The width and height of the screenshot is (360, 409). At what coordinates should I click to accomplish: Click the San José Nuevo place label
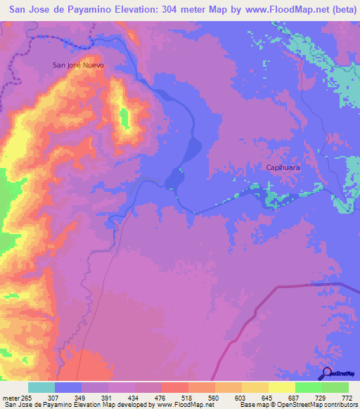click(x=79, y=65)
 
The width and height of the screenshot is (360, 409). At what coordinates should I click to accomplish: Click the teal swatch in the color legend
click(x=41, y=388)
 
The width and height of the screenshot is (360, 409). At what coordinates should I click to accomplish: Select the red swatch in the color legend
click(x=174, y=388)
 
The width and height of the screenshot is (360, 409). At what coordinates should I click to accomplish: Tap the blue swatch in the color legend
click(x=68, y=388)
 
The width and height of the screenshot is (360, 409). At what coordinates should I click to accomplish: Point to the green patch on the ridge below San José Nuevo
click(x=126, y=118)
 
